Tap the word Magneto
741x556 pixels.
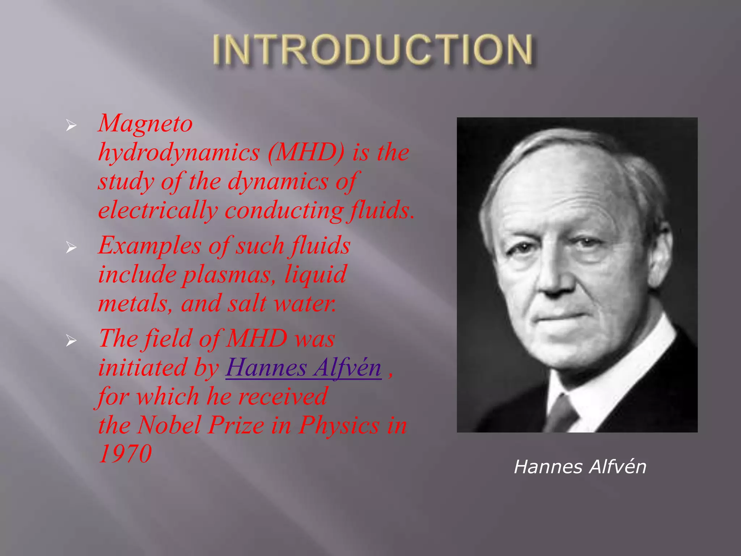145,123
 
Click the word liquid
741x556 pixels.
316,274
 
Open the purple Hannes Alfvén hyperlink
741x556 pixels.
303,368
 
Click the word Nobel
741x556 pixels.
169,425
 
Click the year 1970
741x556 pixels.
125,454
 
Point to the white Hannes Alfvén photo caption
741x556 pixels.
580,467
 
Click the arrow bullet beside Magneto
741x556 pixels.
71,126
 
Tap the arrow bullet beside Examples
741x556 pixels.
71,248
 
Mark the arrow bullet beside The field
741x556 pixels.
71,341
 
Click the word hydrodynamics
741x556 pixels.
179,152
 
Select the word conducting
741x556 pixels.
284,210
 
